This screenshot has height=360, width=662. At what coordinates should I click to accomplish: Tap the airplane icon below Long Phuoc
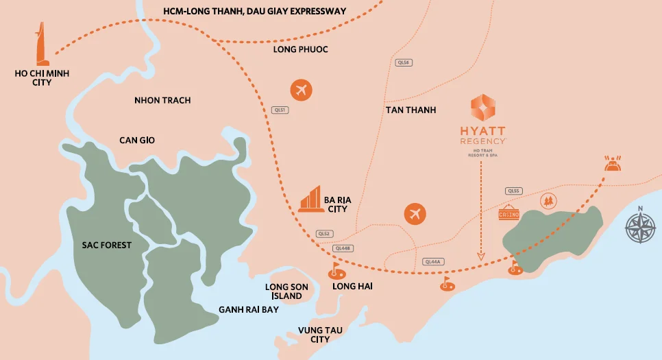(x=300, y=90)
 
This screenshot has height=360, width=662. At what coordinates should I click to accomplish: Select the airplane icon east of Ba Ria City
(x=414, y=213)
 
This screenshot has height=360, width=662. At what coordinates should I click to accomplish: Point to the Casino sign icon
(x=509, y=213)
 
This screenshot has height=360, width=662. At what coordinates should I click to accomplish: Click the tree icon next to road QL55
(x=547, y=200)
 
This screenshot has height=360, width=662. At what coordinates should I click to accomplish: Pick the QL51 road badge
(x=279, y=109)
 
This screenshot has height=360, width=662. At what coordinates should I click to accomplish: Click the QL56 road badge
(x=404, y=62)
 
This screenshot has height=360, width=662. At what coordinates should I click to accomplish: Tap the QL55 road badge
(x=513, y=191)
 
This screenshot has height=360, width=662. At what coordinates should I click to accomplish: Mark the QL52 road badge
(x=324, y=233)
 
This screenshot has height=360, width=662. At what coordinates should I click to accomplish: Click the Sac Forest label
(x=106, y=245)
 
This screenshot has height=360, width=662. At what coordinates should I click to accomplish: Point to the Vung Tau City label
(x=320, y=335)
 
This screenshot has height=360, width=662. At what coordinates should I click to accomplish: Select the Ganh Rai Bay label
(x=249, y=309)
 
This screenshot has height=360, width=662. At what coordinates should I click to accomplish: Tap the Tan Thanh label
(x=410, y=110)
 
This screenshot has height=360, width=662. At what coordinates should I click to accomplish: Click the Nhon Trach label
(x=162, y=100)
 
